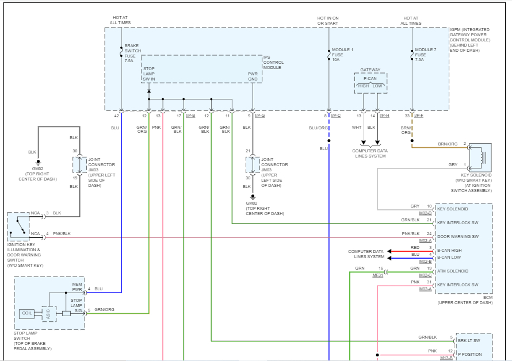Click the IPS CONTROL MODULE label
point(273,62)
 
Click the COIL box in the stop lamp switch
point(27,314)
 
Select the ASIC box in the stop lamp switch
point(49,314)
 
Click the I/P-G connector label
point(259,116)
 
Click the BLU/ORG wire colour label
point(318,128)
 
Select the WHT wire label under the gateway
point(357,128)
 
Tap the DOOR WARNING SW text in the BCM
point(458,236)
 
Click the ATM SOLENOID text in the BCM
point(453,271)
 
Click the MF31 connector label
point(377,275)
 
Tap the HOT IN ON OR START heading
point(328,20)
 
